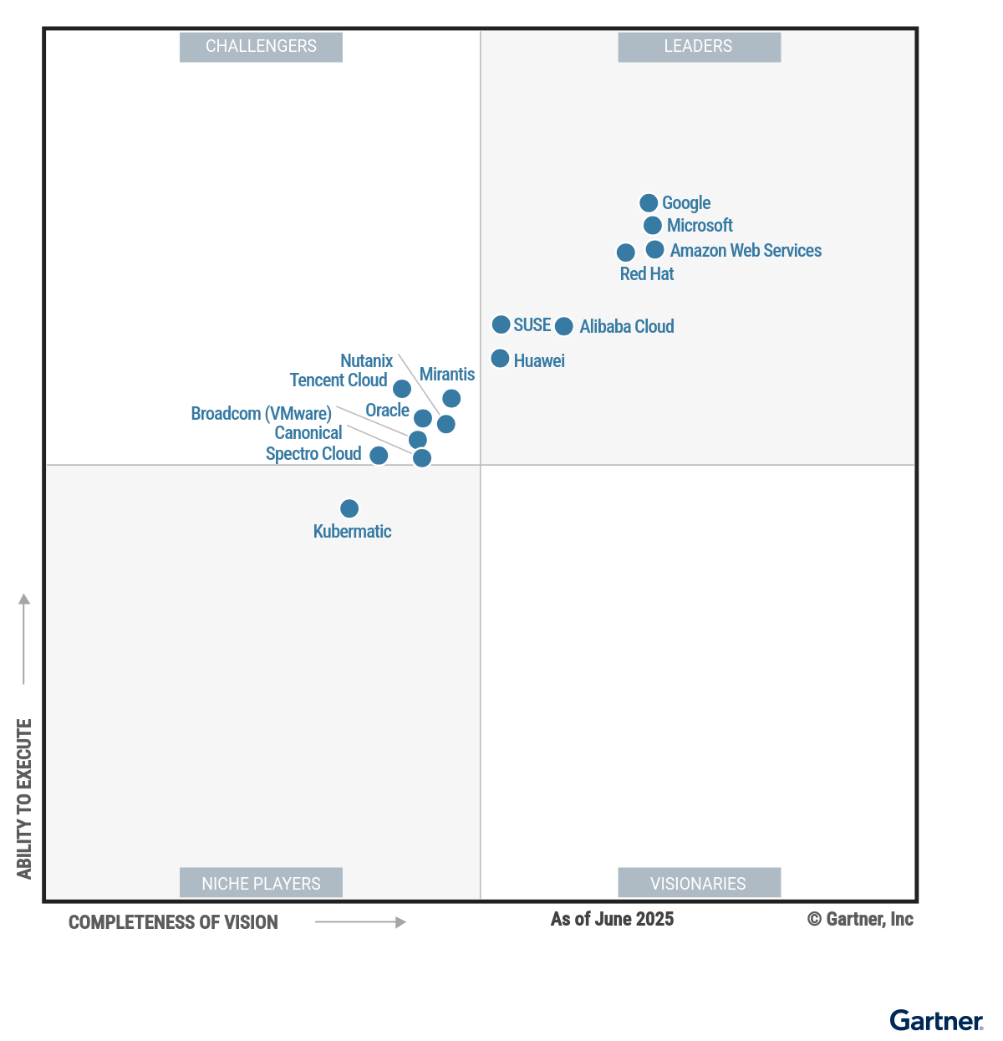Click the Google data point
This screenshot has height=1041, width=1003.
649,203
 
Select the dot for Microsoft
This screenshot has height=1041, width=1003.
653,226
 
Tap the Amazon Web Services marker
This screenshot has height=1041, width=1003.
655,250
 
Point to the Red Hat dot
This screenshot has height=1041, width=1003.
625,253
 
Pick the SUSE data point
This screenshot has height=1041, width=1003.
501,324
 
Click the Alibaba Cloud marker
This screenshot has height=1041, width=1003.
564,326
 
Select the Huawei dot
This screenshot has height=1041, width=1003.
500,359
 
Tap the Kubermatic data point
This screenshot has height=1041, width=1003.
349,508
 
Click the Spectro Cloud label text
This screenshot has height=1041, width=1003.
313,454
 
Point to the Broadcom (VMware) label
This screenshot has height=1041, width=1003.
261,414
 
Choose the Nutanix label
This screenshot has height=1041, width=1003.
366,361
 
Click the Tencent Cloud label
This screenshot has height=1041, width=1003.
338,380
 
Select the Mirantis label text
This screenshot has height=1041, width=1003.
446,375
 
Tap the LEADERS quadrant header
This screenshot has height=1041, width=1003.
699,47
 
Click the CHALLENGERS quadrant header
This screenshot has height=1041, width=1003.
261,47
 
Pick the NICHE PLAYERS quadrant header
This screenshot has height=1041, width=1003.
261,883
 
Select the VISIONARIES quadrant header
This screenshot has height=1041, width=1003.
699,883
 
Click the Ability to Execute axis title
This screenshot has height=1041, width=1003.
24,799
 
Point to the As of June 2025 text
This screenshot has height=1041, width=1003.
612,920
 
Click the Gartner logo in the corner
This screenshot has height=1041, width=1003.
935,1021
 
